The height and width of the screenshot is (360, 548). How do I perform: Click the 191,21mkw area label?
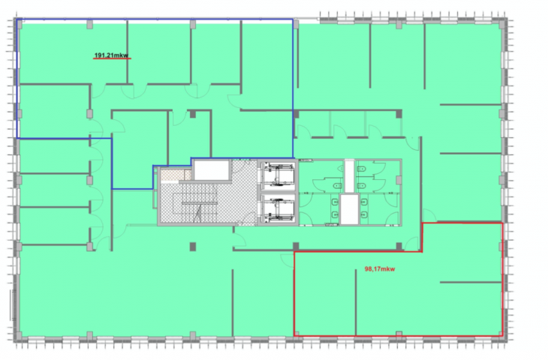111,55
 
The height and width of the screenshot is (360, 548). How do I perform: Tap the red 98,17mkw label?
380,268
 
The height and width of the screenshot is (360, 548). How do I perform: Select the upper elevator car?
278,174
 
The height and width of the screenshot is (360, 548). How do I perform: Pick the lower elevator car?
278,208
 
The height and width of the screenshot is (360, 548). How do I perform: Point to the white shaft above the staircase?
212,170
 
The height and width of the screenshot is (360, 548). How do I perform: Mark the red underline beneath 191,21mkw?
112,58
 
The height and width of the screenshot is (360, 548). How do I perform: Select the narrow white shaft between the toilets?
349,176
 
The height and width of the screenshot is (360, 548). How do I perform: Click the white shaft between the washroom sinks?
349,209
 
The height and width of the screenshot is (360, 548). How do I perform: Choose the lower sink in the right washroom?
364,214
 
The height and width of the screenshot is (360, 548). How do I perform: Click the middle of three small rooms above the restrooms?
348,124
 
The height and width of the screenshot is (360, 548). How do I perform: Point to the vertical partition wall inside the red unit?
356,302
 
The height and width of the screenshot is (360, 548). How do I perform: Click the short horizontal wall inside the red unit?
471,282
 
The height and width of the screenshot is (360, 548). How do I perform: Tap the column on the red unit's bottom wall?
399,334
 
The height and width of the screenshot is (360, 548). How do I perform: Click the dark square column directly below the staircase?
193,247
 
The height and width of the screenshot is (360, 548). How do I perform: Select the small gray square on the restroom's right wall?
399,180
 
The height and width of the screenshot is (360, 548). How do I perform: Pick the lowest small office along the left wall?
54,226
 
